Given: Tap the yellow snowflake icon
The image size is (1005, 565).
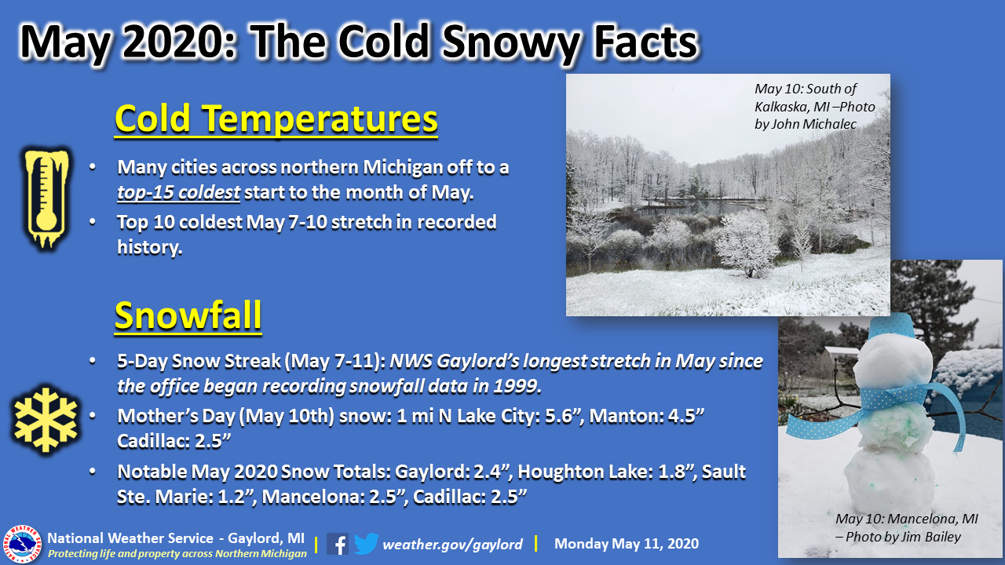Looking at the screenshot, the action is pos(46,420).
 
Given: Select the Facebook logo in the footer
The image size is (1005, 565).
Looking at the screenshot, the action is pos(338,544).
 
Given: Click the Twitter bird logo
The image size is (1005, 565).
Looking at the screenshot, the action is pos(366,544).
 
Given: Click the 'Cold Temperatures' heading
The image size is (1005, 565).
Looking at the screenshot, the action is pos(276,118).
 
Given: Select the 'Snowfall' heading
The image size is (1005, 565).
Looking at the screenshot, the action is pos(188,315).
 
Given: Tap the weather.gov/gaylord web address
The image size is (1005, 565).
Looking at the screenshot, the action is pos(452,545).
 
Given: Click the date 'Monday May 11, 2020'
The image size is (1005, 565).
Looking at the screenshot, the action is pos(627,544).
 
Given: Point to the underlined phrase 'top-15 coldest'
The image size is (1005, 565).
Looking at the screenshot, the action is pos(178,192).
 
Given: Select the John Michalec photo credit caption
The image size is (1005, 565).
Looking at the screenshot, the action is pos(814,106).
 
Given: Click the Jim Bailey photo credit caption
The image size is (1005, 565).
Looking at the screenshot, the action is pos(906,528).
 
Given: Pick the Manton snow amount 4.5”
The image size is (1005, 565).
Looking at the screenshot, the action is pos(686,416).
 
